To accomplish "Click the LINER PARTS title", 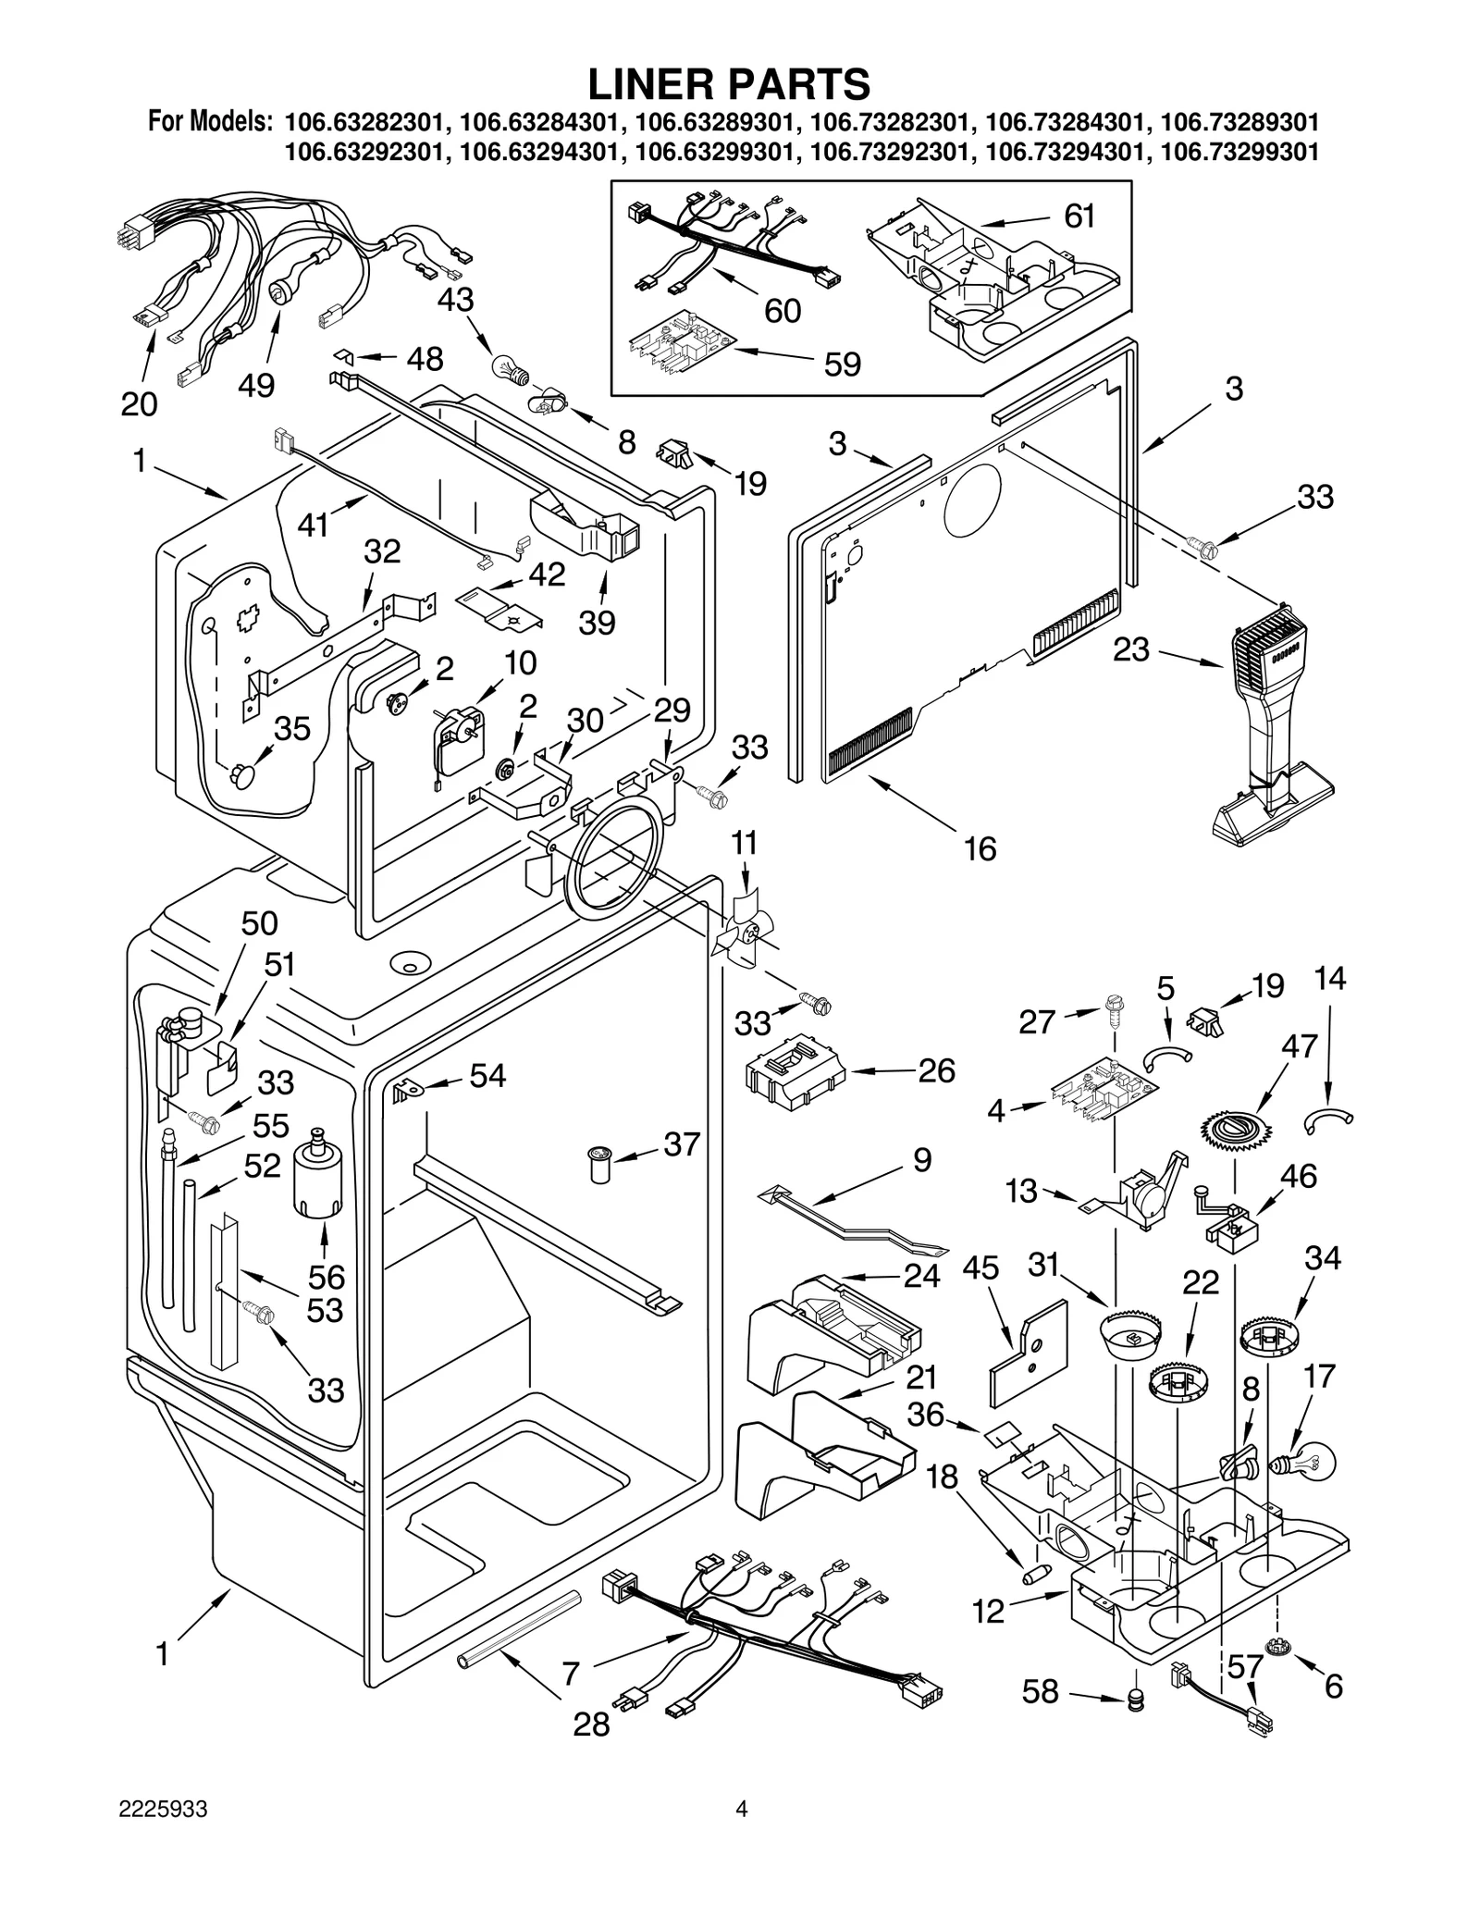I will tap(729, 83).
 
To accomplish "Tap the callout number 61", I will tap(1079, 216).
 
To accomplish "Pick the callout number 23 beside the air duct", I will tap(1130, 649).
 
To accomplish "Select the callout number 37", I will tap(682, 1144).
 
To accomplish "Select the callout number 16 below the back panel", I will tap(980, 848).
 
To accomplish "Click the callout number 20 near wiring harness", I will tap(139, 403).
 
